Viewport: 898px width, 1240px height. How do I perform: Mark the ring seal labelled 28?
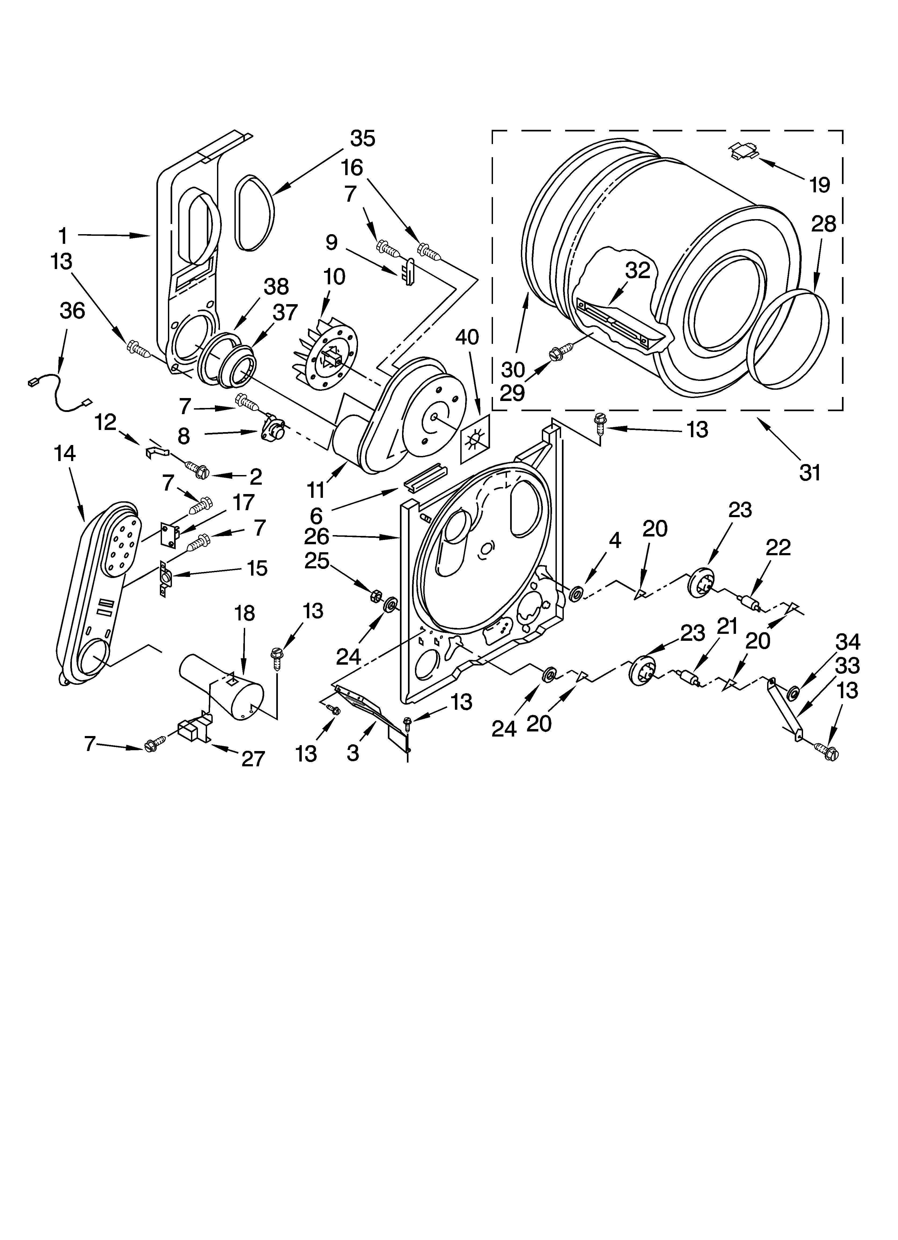pyautogui.click(x=787, y=341)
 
